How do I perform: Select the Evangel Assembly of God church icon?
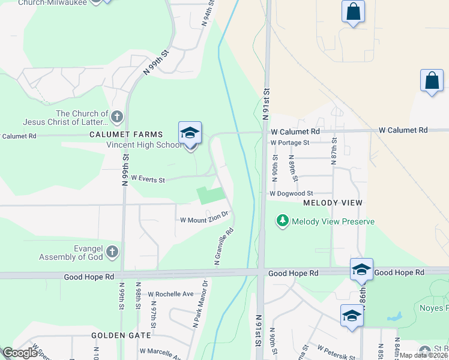tap(112, 253)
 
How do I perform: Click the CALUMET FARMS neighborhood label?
tap(118, 134)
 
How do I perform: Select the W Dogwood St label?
tap(291, 193)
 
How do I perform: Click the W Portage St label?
tap(289, 143)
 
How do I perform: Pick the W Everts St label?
tap(148, 178)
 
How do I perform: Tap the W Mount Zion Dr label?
tap(204, 218)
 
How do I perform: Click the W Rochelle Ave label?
tap(171, 294)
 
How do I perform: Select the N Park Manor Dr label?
tap(200, 304)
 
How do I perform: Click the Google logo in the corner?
tap(20, 353)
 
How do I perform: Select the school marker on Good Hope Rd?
tap(361, 269)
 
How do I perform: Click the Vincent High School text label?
tap(143, 145)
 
